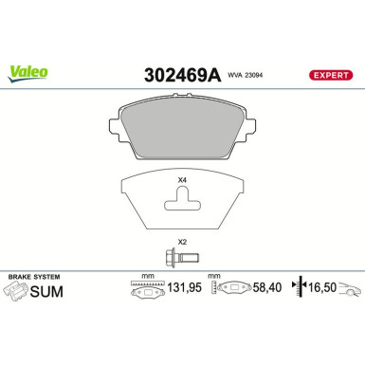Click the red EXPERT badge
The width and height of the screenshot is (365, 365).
coord(331,75)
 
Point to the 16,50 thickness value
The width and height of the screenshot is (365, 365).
coord(325,289)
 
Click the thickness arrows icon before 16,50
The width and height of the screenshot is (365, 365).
coord(301,289)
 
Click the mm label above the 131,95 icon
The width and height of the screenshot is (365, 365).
coord(147,277)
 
